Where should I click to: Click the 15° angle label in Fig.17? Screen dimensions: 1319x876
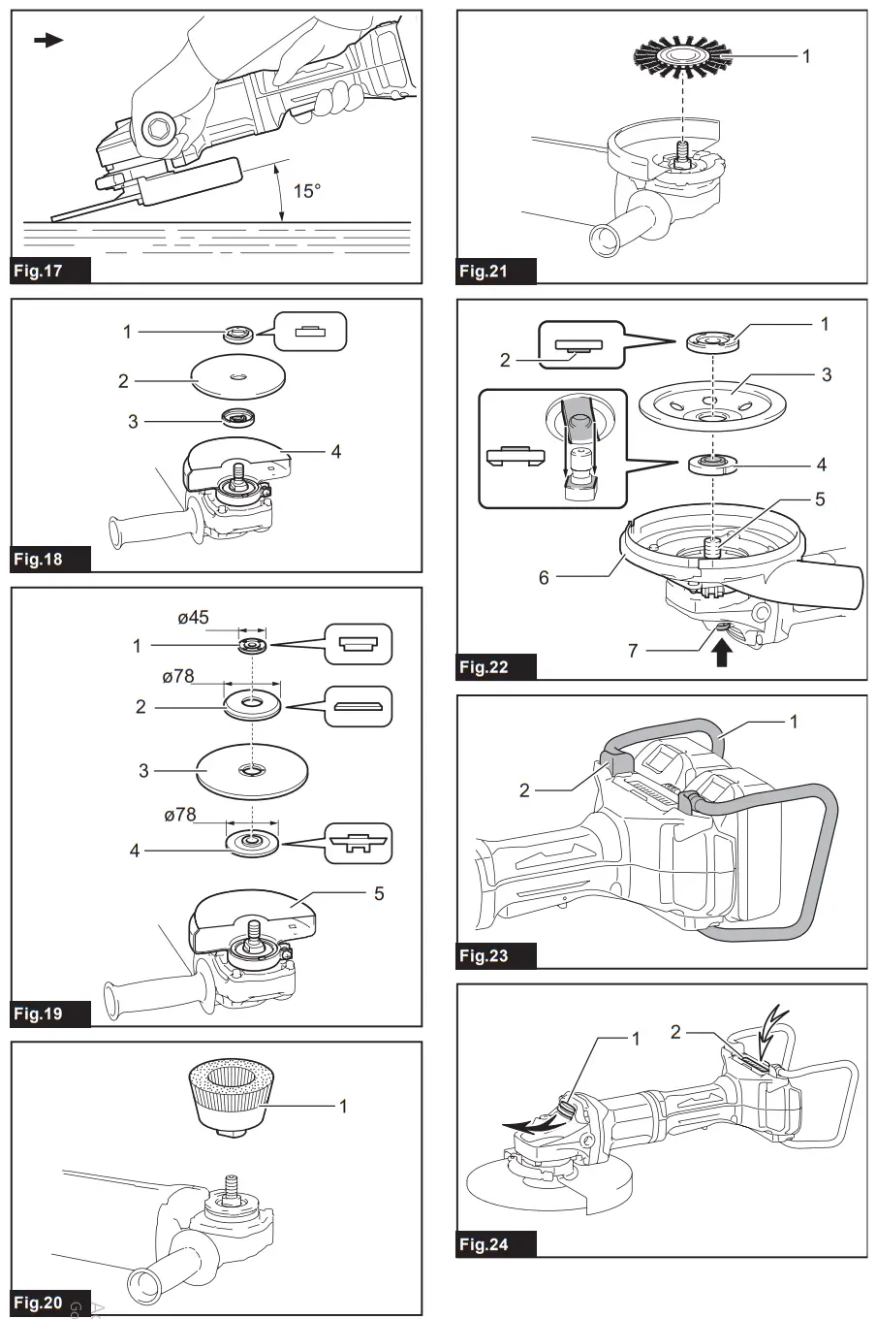pyautogui.click(x=306, y=191)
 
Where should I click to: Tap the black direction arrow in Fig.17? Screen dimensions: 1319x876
pyautogui.click(x=47, y=40)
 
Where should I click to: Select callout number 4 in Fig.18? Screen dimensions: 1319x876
pyautogui.click(x=336, y=451)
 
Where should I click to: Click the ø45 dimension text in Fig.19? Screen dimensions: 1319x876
pyautogui.click(x=194, y=618)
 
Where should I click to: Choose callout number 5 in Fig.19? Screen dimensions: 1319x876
pyautogui.click(x=379, y=892)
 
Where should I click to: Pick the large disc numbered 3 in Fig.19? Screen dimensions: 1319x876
pyautogui.click(x=252, y=771)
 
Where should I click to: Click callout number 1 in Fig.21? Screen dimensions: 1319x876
pyautogui.click(x=806, y=56)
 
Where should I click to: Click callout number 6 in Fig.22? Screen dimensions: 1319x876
pyautogui.click(x=544, y=577)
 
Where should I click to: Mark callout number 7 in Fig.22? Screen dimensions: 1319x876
pyautogui.click(x=633, y=650)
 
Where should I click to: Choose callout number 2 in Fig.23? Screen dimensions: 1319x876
pyautogui.click(x=524, y=790)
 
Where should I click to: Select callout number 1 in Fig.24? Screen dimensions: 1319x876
pyautogui.click(x=636, y=1040)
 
